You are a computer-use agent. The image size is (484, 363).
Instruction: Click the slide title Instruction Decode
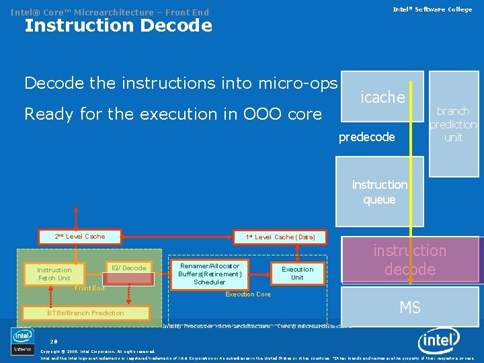pyautogui.click(x=118, y=26)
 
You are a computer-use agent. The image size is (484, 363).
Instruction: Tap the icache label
pyautogui.click(x=382, y=97)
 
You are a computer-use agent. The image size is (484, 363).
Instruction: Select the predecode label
pyautogui.click(x=366, y=137)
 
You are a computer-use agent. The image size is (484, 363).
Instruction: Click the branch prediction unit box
pyautogui.click(x=453, y=124)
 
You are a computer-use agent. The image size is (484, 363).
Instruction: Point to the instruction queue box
pyautogui.click(x=379, y=192)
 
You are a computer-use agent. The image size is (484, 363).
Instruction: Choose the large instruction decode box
pyautogui.click(x=409, y=260)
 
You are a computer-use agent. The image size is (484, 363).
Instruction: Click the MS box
pyautogui.click(x=409, y=308)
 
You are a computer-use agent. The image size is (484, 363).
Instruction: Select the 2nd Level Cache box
pyautogui.click(x=80, y=236)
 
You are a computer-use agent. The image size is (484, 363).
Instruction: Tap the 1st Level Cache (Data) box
pyautogui.click(x=280, y=237)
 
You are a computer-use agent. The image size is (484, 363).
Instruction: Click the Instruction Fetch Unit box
pyautogui.click(x=54, y=274)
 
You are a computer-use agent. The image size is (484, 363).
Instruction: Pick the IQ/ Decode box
pyautogui.click(x=129, y=268)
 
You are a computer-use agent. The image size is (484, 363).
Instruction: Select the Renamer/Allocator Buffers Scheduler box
pyautogui.click(x=209, y=274)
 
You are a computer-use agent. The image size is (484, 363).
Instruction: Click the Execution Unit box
pyautogui.click(x=297, y=273)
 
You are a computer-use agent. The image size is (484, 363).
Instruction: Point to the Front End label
pyautogui.click(x=89, y=288)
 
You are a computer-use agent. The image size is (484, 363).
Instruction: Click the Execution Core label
pyautogui.click(x=248, y=294)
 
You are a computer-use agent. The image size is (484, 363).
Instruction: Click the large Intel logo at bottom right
pyautogui.click(x=439, y=342)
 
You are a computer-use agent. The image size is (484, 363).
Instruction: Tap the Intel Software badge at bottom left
pyautogui.click(x=22, y=341)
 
